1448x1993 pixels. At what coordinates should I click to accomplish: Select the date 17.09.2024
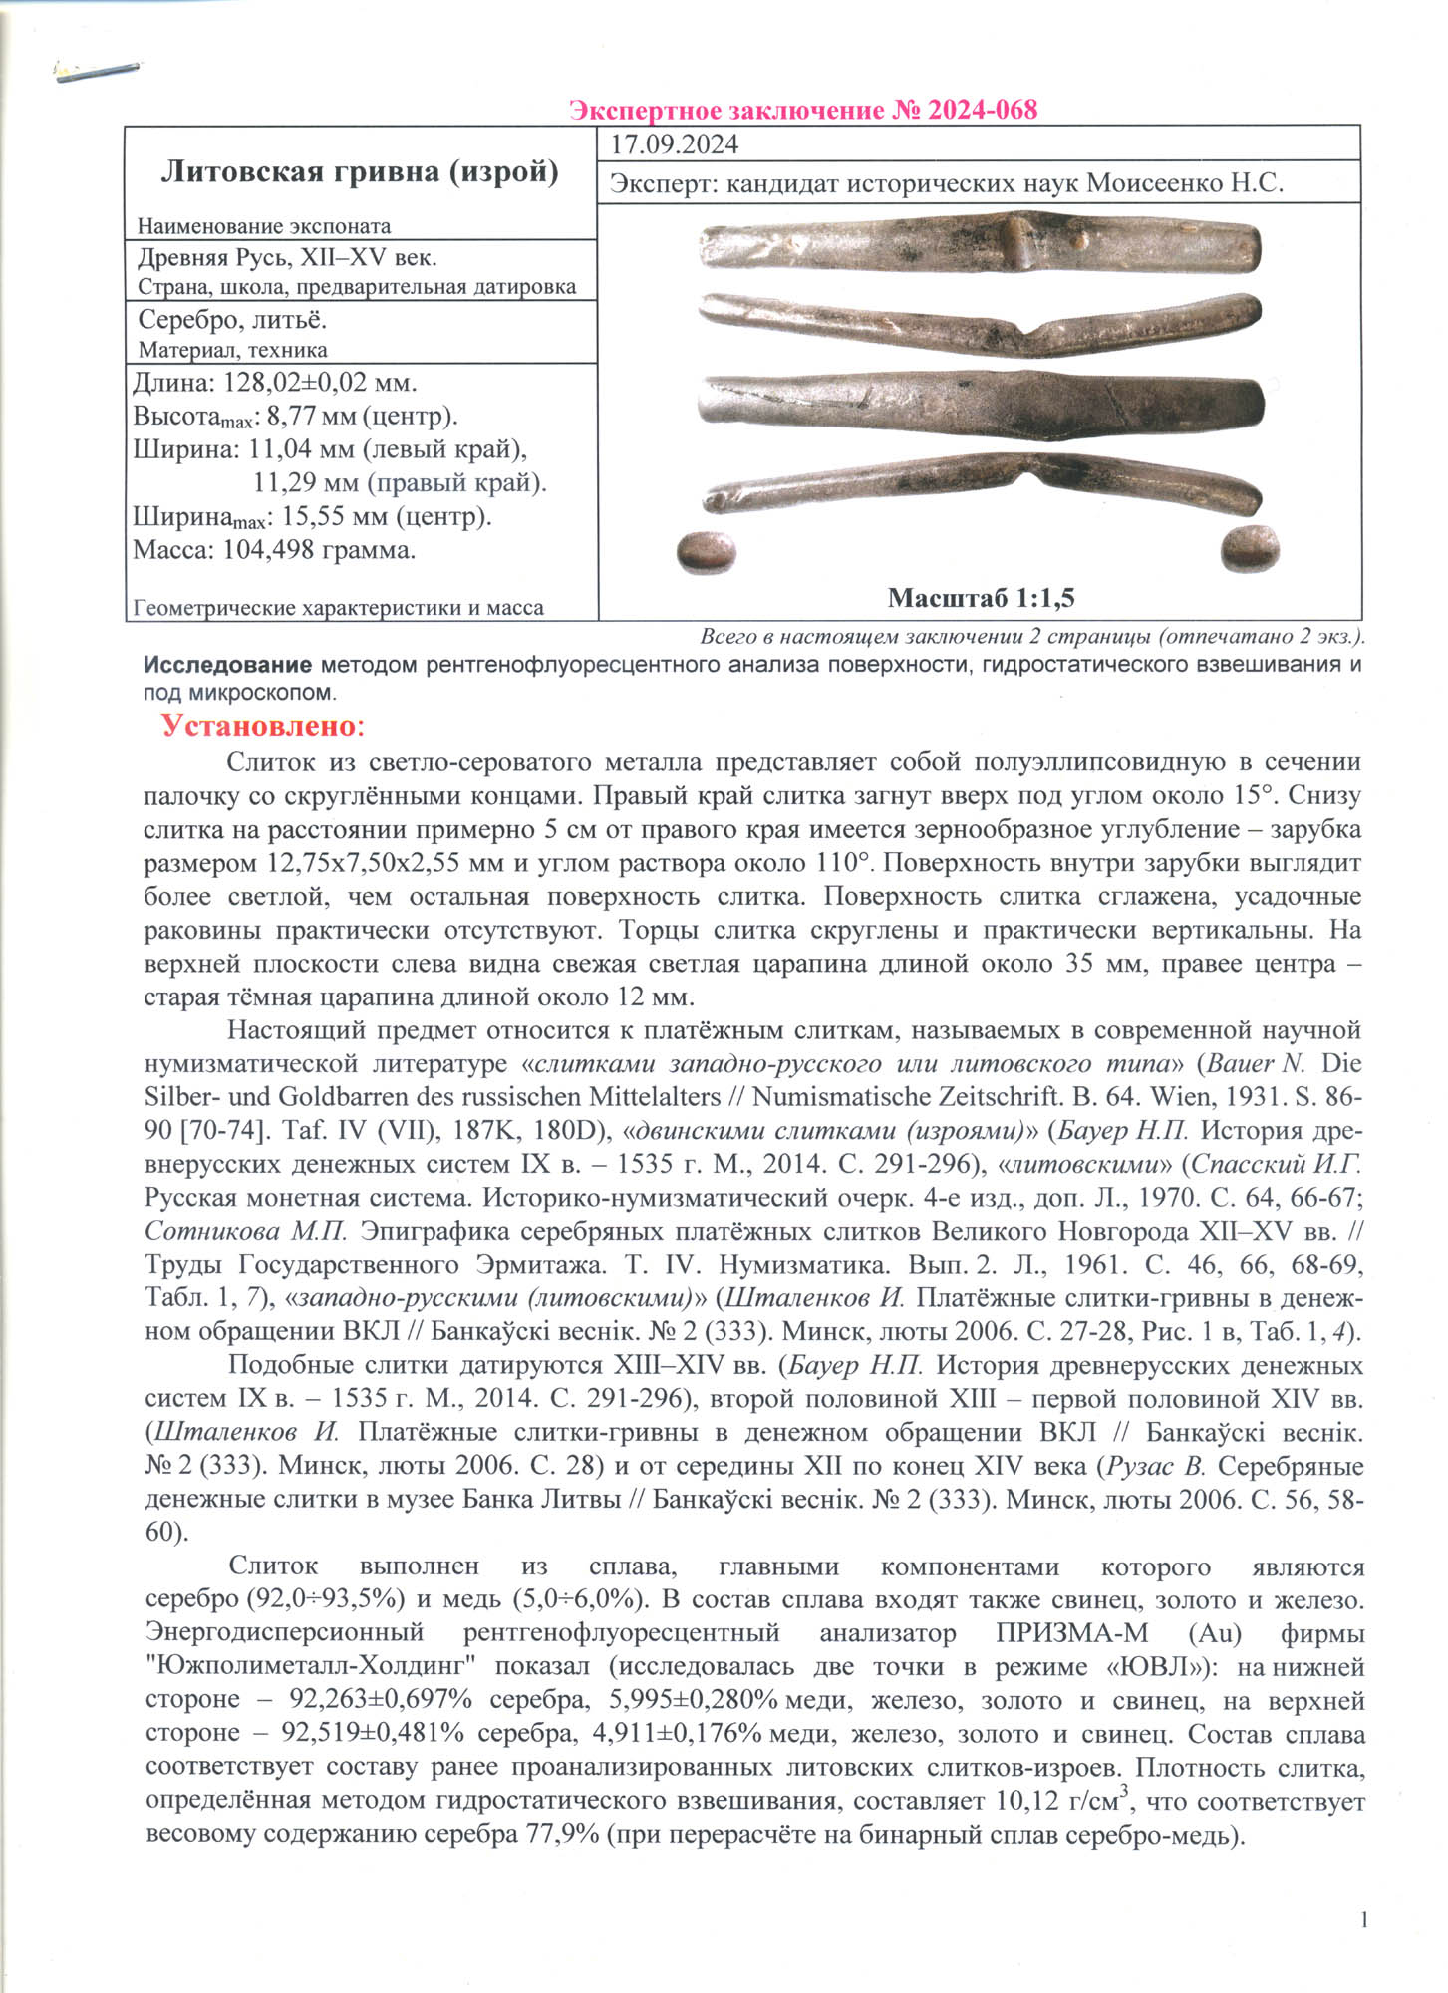[675, 144]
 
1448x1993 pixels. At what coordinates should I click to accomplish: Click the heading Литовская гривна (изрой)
[360, 172]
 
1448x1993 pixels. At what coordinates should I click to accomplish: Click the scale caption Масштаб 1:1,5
[981, 598]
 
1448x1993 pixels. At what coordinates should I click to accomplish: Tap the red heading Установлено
[263, 725]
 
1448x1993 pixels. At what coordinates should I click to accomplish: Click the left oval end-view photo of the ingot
[706, 552]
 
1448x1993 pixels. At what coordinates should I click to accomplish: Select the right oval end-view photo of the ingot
[1250, 548]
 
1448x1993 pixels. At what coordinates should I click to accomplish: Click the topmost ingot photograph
[980, 245]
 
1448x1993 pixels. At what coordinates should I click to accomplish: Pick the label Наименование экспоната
[264, 226]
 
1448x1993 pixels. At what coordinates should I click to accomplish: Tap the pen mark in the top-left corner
[98, 72]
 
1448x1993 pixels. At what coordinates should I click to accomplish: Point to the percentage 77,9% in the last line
[562, 1834]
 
